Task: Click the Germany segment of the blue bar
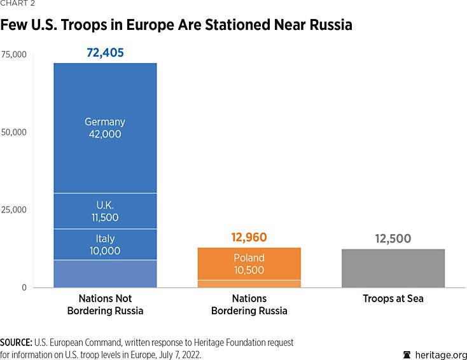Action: click(x=105, y=128)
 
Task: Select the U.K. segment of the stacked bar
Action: click(x=105, y=211)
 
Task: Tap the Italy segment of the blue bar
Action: click(x=105, y=244)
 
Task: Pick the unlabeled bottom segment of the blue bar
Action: click(x=105, y=273)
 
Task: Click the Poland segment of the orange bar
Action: click(x=249, y=263)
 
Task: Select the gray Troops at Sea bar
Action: click(x=393, y=268)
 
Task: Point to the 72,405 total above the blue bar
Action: click(x=105, y=53)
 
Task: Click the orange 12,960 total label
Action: click(x=249, y=238)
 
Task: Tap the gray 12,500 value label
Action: click(x=393, y=239)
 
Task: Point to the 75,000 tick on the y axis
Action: click(x=14, y=55)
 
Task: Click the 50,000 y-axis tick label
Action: click(x=14, y=132)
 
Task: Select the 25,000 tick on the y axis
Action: click(x=14, y=210)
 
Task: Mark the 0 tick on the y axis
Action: click(x=24, y=287)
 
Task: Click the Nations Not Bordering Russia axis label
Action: click(x=105, y=304)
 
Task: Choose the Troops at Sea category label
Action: click(x=393, y=298)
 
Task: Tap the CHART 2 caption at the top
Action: click(x=18, y=3)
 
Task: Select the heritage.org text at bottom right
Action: click(x=440, y=354)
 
